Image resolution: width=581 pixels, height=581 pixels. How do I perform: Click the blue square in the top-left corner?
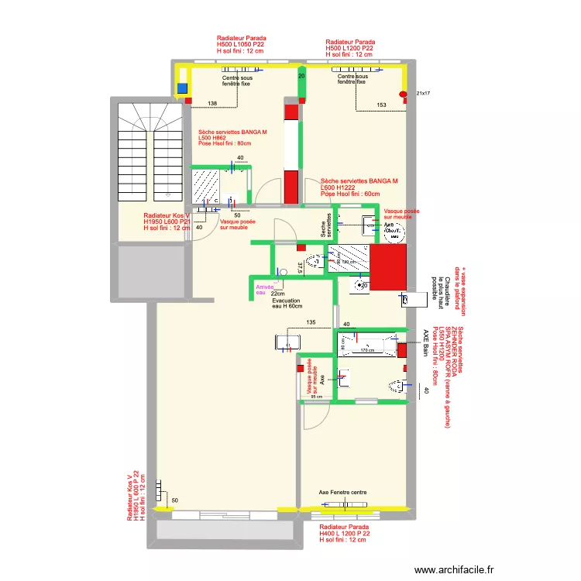point(183,88)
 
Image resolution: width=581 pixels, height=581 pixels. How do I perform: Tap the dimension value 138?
point(211,104)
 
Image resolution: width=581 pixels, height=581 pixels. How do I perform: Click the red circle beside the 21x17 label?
point(403,95)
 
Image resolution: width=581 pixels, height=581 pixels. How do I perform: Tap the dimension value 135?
point(311,322)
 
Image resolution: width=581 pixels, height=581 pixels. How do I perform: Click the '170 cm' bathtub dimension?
point(368,351)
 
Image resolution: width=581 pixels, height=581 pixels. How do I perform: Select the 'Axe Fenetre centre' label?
point(342,492)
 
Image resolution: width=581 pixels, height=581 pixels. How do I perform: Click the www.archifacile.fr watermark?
point(455,568)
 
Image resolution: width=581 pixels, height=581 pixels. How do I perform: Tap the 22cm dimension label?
point(278,294)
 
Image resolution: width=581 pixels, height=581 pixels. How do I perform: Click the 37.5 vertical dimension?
point(300,267)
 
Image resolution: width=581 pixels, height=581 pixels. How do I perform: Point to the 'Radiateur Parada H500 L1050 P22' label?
point(242,46)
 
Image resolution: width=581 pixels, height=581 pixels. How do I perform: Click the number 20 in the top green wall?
point(301,77)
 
